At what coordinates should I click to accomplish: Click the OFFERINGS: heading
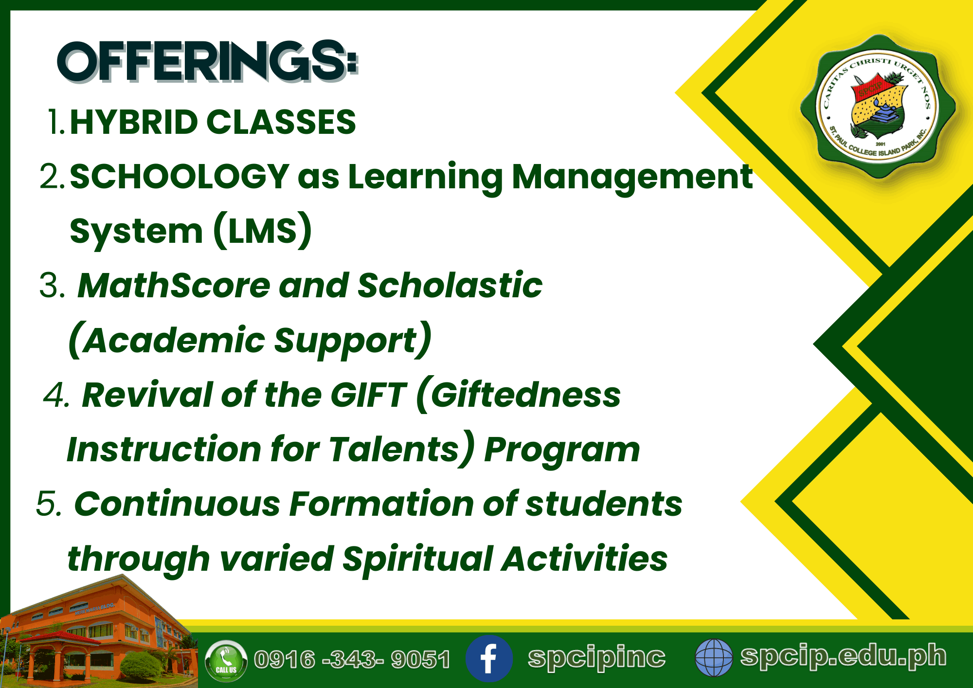click(208, 61)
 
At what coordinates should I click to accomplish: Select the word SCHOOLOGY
click(180, 176)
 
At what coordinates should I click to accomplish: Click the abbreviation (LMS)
click(263, 231)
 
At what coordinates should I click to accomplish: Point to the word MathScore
click(174, 285)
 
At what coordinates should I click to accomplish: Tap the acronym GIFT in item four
click(368, 395)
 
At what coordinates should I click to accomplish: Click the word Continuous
click(177, 504)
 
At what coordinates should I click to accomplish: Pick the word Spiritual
click(417, 559)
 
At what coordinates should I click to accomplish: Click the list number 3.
click(52, 285)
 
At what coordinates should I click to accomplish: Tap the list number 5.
click(49, 504)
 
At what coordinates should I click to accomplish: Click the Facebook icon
click(489, 659)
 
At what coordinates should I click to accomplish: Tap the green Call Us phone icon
click(226, 661)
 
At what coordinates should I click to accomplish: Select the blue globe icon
click(714, 658)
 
